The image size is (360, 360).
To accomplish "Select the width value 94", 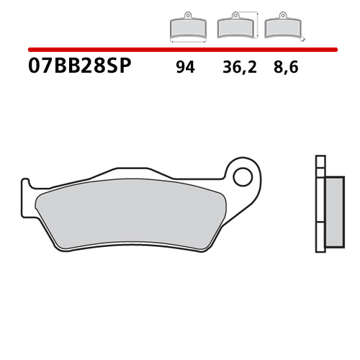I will click(185, 69).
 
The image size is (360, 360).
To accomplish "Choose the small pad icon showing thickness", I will click(282, 28).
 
